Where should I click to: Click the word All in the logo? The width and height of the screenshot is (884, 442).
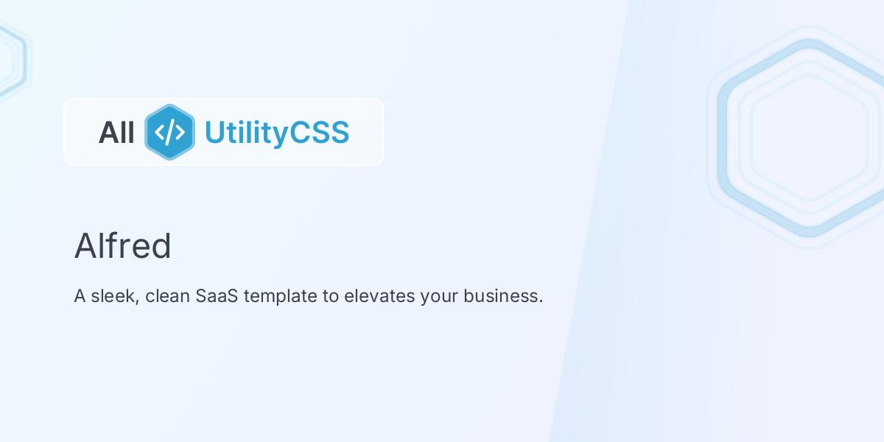point(116,133)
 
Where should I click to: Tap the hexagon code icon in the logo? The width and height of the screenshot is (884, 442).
point(169,132)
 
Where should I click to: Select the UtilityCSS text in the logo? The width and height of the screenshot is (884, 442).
point(276,133)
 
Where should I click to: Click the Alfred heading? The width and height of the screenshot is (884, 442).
point(122,246)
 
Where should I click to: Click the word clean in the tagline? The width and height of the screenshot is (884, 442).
point(167,296)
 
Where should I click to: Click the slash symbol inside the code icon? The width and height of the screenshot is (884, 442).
point(170,132)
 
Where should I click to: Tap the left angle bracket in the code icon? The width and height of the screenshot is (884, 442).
point(160,133)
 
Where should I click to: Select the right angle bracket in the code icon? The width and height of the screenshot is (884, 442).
point(180,133)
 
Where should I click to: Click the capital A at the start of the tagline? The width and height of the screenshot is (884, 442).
point(80,296)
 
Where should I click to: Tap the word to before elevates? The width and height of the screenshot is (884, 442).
point(330,296)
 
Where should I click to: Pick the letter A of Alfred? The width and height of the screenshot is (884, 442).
point(85,246)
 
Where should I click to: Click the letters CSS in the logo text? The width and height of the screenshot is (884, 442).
point(319,133)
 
